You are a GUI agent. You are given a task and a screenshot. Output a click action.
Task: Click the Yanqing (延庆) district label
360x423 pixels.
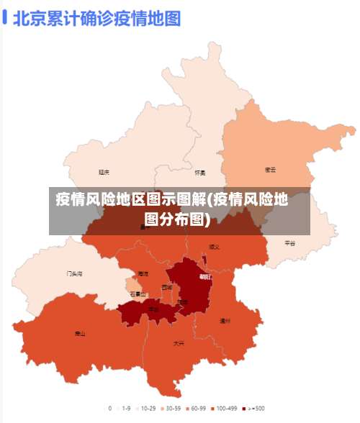point(104,172)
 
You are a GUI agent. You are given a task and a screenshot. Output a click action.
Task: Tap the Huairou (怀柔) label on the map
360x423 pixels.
point(200,173)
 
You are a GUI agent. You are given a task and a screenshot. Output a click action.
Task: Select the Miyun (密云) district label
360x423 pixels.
point(271,170)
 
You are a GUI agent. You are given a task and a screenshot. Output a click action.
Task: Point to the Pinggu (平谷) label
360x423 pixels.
point(289,243)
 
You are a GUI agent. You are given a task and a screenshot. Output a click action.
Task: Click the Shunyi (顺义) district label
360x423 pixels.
point(214,246)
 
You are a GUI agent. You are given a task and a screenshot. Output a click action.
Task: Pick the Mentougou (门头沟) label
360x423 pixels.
point(74,274)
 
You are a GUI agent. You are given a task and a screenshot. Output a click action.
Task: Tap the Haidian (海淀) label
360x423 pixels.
point(143,273)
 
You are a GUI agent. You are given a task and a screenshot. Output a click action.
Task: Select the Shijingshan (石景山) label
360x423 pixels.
point(138,294)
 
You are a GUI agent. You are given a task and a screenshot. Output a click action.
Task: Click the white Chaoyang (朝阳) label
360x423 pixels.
point(205,276)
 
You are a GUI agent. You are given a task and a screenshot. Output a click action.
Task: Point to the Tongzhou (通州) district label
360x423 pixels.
point(225,321)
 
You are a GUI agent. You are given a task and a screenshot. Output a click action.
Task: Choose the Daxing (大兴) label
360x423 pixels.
point(179,343)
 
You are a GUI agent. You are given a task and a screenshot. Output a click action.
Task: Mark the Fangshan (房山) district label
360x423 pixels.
point(80,334)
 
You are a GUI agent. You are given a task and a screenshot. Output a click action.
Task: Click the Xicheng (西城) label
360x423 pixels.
point(167,287)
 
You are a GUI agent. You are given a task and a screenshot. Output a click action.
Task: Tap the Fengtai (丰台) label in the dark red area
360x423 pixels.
point(153,309)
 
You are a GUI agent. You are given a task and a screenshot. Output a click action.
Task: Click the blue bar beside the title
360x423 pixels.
point(6,17)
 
